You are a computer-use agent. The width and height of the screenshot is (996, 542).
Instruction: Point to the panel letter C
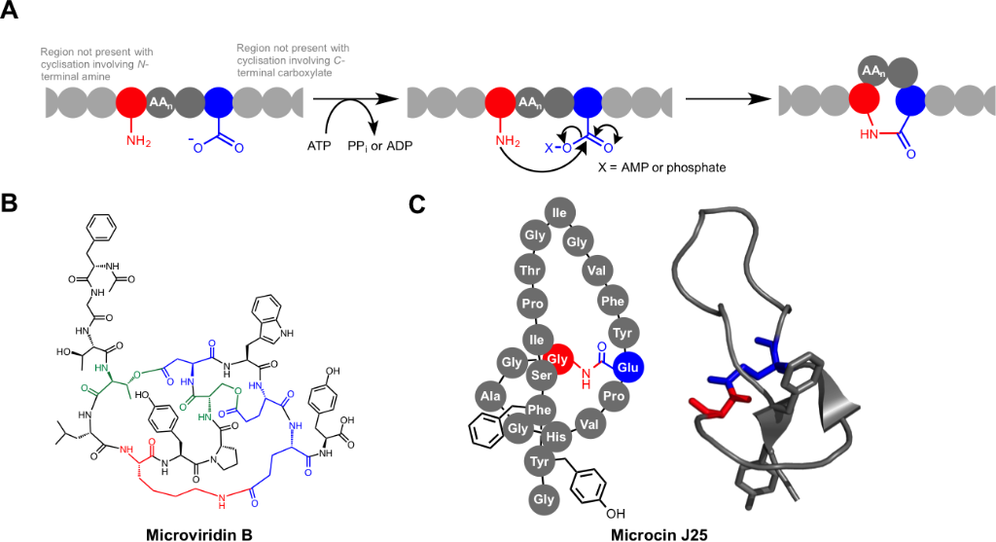point(415,203)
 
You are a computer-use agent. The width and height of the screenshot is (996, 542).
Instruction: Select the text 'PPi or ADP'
point(374,145)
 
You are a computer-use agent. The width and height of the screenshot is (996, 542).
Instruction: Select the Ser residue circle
point(541,374)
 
